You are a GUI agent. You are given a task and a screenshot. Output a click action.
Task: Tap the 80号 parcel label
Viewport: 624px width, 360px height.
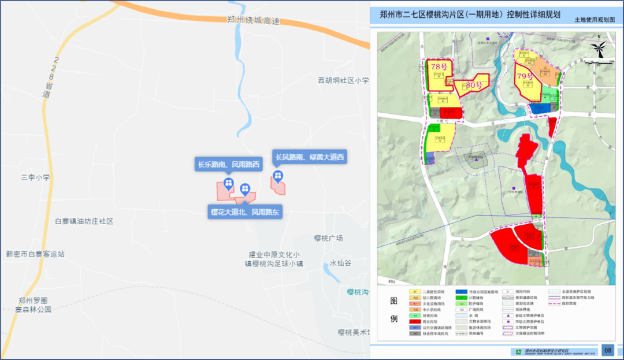tap(474, 85)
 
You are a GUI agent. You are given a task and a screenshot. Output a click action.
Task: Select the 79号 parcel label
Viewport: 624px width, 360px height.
tap(524, 76)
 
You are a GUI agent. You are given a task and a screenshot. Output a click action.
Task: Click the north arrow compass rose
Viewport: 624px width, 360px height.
tap(600, 50)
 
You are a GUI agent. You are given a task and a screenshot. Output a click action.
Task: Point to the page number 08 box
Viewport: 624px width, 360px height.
tap(607, 350)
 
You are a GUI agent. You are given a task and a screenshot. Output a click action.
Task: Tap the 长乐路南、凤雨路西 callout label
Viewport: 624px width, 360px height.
tap(229, 165)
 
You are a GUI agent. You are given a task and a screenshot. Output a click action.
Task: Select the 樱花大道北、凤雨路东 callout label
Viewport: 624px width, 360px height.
tap(245, 212)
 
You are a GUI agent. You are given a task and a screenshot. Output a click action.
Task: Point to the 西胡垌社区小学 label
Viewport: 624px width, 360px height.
tap(343, 80)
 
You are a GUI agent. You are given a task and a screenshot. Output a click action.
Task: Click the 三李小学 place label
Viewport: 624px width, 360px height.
tap(35, 177)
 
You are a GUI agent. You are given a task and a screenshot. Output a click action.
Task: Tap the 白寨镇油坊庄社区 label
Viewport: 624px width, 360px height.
tap(84, 221)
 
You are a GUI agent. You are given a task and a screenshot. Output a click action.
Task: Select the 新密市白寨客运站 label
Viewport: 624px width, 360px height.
tap(35, 254)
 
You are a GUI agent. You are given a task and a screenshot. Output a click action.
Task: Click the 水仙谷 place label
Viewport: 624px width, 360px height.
tap(340, 263)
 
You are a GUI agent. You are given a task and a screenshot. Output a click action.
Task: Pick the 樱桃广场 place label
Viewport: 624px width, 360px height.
tap(328, 238)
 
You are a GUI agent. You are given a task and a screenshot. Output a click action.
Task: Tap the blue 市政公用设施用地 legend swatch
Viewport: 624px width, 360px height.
tap(461, 292)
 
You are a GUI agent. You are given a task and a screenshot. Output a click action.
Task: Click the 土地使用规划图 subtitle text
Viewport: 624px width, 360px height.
tap(599, 20)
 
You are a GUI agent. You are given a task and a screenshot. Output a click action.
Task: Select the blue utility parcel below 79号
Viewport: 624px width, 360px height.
tap(540, 108)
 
